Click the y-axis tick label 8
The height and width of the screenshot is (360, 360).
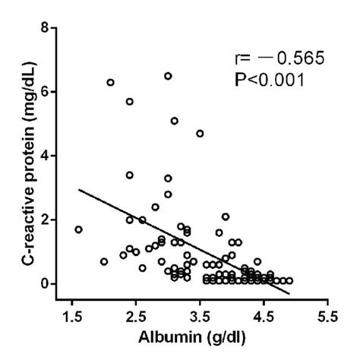(49, 28)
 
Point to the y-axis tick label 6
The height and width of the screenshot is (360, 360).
(49, 92)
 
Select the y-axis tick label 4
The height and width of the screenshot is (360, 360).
(49, 156)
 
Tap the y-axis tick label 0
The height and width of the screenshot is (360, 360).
(49, 283)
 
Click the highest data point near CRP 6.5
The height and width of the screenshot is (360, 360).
(168, 76)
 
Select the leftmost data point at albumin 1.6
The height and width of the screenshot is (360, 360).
(78, 229)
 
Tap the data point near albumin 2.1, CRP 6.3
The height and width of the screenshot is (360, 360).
(110, 82)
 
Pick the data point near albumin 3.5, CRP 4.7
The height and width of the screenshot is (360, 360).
(200, 133)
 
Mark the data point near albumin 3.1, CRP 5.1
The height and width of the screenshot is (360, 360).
(174, 121)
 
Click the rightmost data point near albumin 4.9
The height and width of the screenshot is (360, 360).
(289, 280)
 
